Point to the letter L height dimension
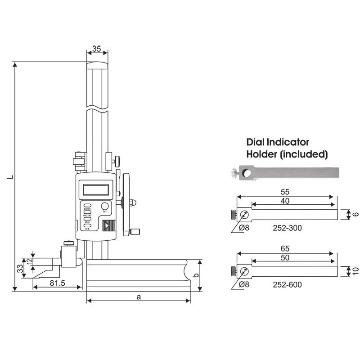pos(9,177)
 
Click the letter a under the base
pos(139,297)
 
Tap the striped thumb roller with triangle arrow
pos(108,225)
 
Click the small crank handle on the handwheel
pos(134,232)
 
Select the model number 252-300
pos(287,228)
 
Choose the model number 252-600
pos(287,284)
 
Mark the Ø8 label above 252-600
pos(246,284)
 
